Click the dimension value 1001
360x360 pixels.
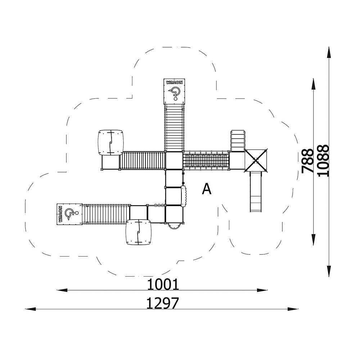[163, 284]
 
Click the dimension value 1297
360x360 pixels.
[162, 303]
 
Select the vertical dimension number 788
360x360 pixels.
[308, 161]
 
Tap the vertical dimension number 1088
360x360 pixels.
[324, 161]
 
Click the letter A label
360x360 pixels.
[206, 189]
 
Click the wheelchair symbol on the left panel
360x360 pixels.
[71, 214]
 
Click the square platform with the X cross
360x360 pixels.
[256, 160]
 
